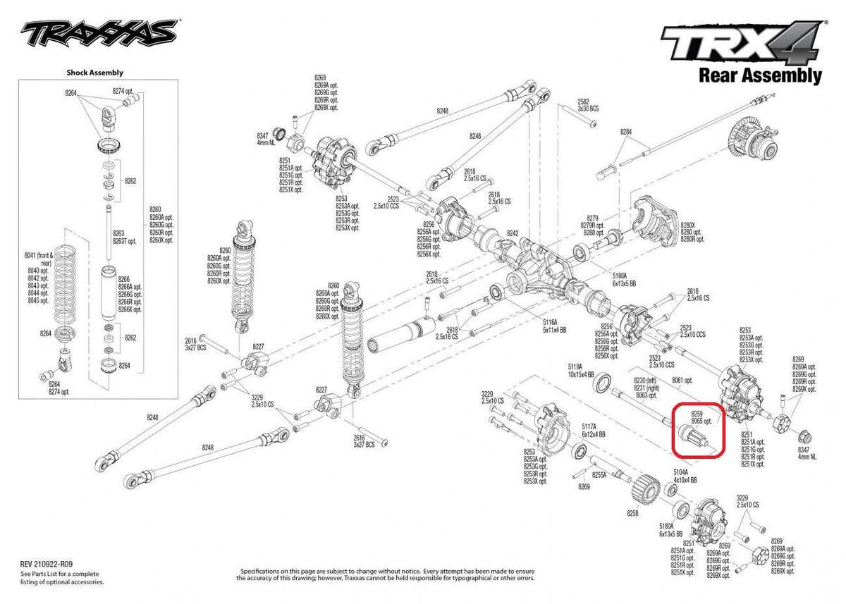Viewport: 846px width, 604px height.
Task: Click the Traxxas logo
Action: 99,32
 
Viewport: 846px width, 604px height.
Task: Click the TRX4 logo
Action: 740,44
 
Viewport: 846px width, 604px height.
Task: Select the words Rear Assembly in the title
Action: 760,75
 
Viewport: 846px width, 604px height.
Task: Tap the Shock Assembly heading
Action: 94,72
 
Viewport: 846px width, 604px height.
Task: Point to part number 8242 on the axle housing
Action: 513,233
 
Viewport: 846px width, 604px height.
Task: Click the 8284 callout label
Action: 626,132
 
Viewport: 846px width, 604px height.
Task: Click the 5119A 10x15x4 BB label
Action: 581,371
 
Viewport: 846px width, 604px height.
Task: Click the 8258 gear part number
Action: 632,514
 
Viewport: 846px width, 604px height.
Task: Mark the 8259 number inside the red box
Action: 697,414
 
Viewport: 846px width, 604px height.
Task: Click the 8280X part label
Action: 692,224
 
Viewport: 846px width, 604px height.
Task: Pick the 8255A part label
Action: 599,475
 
